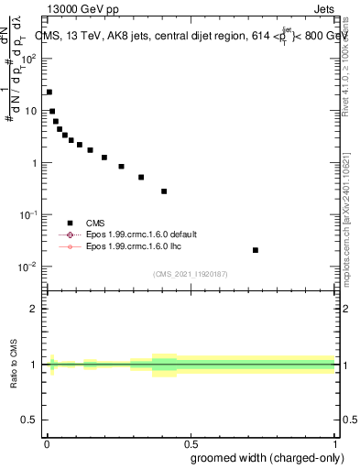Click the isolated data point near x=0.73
tap(255, 250)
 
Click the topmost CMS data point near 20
tap(49, 92)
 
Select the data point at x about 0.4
tap(164, 191)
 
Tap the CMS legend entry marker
tap(70, 223)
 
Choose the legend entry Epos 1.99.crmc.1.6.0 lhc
tap(132, 246)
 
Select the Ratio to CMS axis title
tap(15, 365)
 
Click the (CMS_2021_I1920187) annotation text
tap(190, 273)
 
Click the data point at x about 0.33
tap(141, 177)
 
